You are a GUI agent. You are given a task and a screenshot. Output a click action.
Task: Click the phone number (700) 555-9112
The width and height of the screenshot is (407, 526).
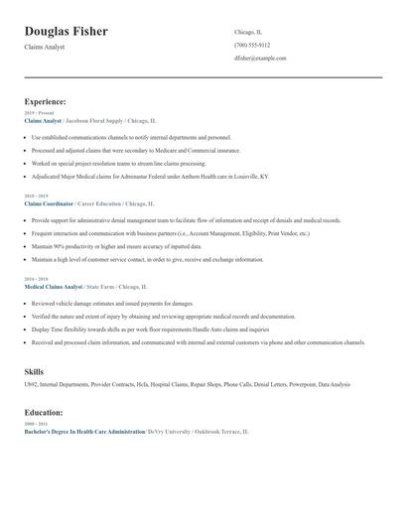point(252,45)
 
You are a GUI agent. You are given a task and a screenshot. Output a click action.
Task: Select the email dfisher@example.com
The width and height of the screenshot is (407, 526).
point(260,59)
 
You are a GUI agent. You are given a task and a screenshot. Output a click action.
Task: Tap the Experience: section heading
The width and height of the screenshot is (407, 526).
point(46,101)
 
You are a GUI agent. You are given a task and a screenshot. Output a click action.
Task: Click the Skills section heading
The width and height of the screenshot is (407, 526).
point(34,371)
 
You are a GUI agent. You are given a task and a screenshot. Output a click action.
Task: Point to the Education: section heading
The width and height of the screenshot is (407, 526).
point(44,412)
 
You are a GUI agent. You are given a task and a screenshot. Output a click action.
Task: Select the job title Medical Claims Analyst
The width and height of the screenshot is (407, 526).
point(54,286)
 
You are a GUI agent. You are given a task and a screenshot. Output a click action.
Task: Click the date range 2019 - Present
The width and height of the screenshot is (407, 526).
point(39,113)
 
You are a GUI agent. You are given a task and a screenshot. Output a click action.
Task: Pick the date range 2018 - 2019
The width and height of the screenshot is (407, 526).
point(36,197)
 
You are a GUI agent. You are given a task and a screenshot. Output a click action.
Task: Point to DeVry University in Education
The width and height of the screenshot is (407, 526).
point(168,432)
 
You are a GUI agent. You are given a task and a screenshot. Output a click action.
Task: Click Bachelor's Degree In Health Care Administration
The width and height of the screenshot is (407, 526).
point(84,432)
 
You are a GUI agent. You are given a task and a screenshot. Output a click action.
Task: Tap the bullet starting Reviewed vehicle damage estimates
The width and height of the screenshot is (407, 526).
point(112,303)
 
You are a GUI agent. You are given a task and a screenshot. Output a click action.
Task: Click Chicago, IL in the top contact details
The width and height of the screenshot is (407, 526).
point(248,32)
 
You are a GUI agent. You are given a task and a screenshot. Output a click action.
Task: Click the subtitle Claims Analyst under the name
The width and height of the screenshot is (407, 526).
point(45,47)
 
